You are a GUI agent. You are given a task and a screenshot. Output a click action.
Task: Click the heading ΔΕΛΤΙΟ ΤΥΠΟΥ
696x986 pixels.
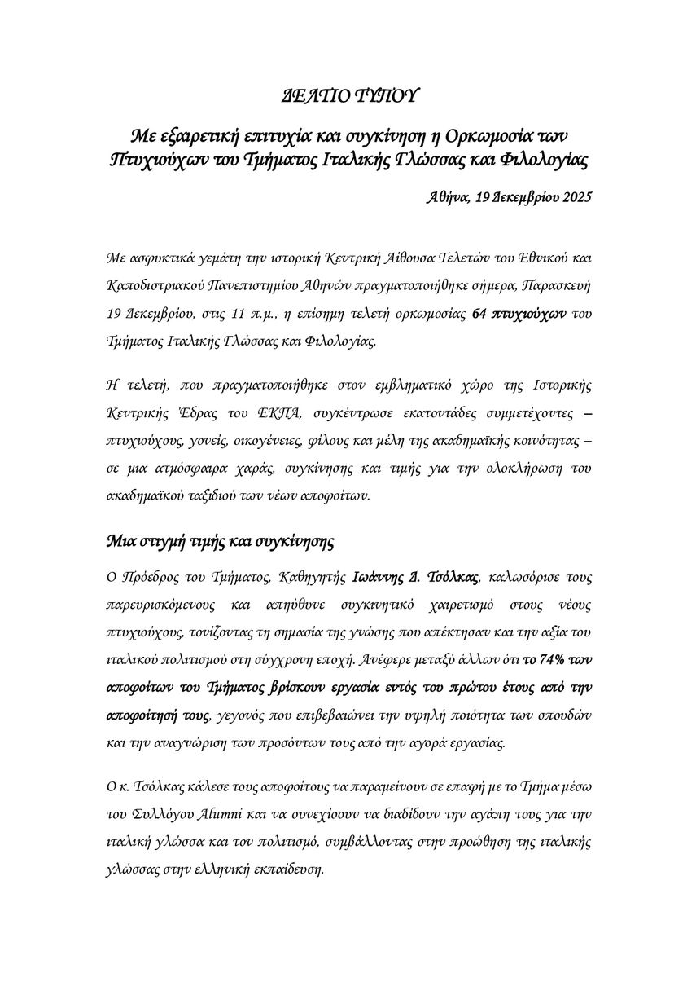(348, 96)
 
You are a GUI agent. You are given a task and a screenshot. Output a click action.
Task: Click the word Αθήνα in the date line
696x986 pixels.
(447, 196)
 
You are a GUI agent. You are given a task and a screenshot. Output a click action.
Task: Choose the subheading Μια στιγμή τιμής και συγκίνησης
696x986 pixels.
(220, 540)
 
